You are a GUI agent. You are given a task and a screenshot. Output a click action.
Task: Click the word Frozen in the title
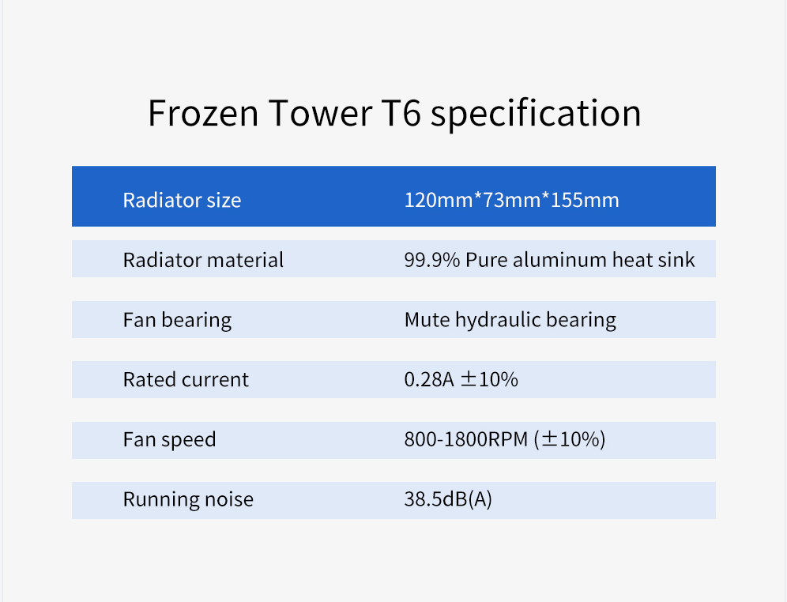(203, 113)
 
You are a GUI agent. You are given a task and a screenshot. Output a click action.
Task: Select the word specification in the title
(536, 115)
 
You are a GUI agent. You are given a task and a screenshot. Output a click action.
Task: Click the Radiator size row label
(183, 200)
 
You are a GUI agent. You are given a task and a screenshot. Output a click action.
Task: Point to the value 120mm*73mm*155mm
(512, 200)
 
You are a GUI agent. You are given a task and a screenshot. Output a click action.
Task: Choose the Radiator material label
(203, 260)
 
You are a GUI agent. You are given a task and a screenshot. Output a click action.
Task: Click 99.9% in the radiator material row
(432, 260)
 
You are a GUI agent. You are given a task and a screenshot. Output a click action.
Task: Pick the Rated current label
(186, 380)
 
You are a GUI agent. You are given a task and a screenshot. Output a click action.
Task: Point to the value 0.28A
(429, 380)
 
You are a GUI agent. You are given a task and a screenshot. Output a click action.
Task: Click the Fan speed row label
(170, 440)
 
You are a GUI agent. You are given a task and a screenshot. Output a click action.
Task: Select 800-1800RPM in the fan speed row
(466, 439)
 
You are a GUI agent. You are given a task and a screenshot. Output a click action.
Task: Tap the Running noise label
(188, 500)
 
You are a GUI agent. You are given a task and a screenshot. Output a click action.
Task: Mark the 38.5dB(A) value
(448, 499)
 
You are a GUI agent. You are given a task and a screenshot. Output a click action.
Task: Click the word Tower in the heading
(321, 113)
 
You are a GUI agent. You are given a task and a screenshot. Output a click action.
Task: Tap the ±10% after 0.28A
(489, 380)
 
